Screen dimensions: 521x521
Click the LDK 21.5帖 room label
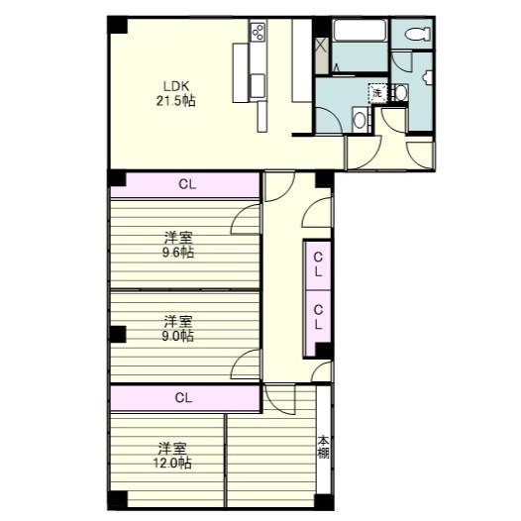pyautogui.click(x=173, y=92)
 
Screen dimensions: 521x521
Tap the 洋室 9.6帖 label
pyautogui.click(x=178, y=245)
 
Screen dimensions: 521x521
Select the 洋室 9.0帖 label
pyautogui.click(x=178, y=328)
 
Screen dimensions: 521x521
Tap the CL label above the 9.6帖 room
pyautogui.click(x=185, y=184)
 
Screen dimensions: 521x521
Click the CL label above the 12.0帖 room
pyautogui.click(x=183, y=397)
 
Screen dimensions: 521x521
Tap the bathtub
pyautogui.click(x=360, y=32)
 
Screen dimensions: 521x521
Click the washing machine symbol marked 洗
pyautogui.click(x=376, y=93)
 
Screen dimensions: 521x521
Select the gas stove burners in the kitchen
pyautogui.click(x=259, y=32)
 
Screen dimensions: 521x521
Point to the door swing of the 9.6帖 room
pyautogui.click(x=247, y=220)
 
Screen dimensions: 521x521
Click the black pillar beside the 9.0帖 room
pyautogui.click(x=118, y=334)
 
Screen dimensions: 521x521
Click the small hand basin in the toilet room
pyautogui.click(x=401, y=94)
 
